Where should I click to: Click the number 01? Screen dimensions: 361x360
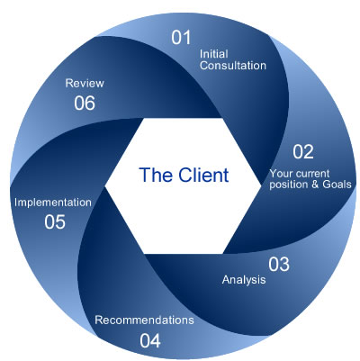click(182, 37)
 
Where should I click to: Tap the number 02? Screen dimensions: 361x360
click(303, 151)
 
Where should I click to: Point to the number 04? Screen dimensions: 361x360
click(149, 340)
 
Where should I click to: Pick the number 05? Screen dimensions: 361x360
click(54, 221)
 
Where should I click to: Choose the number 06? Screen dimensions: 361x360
click(85, 103)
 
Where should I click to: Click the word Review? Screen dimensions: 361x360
click(85, 82)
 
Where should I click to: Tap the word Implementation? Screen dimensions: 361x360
click(52, 202)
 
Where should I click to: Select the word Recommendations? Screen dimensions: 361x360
click(144, 320)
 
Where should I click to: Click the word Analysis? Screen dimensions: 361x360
click(244, 280)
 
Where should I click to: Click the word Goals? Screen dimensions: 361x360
click(333, 185)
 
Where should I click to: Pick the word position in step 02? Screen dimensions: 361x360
click(289, 185)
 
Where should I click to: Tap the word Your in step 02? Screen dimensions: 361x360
click(283, 172)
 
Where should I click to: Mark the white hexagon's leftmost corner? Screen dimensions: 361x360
click(106, 185)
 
